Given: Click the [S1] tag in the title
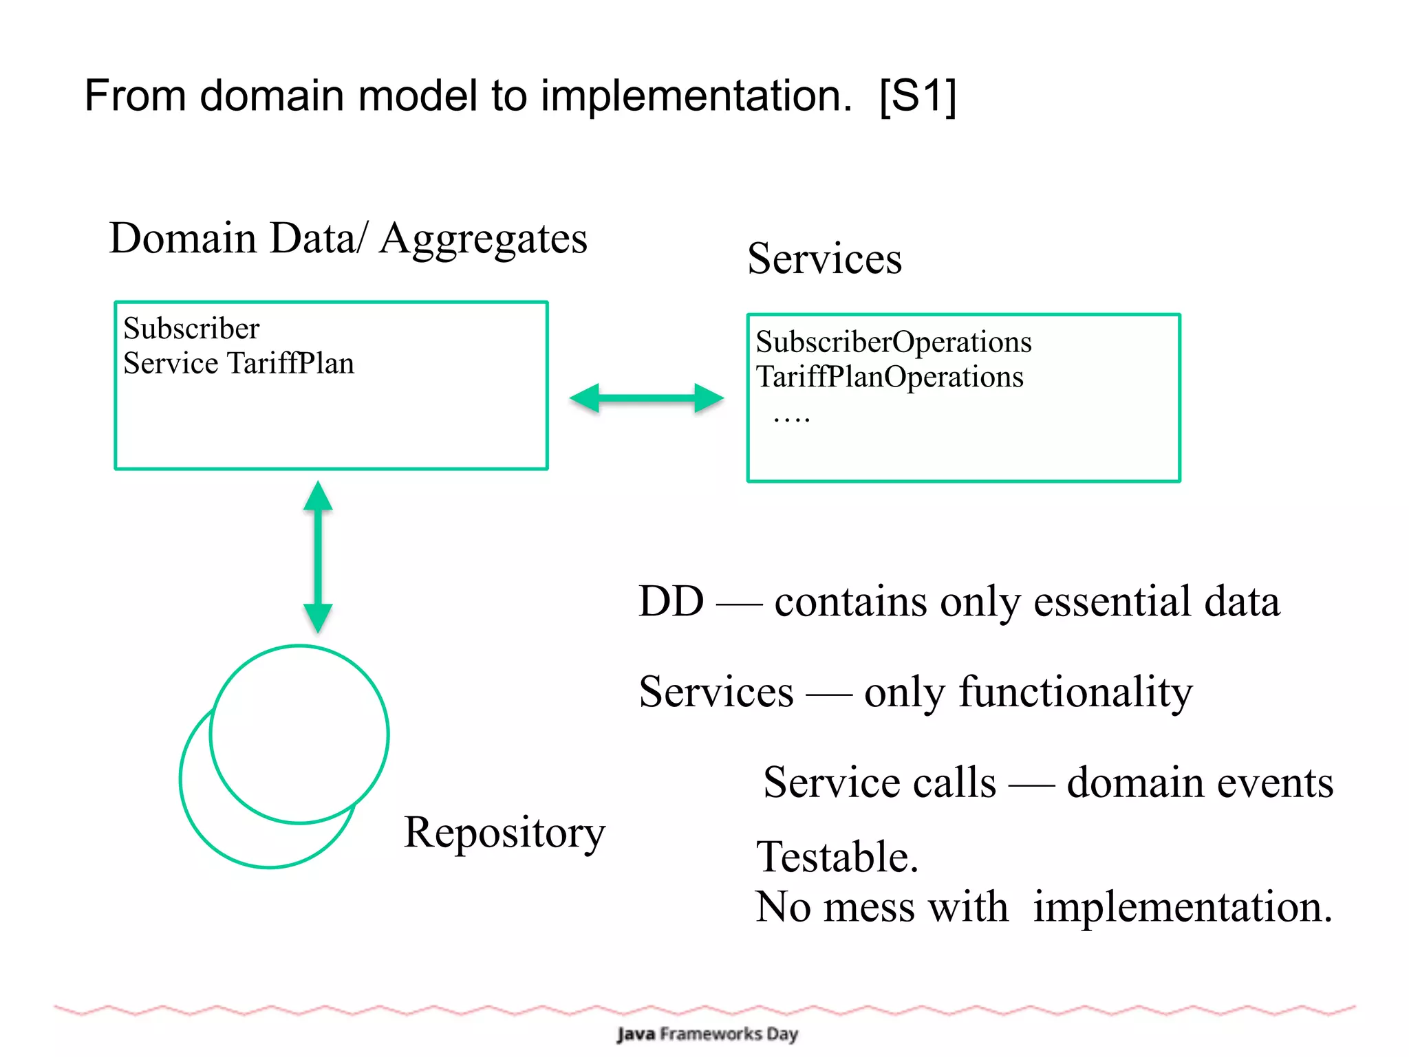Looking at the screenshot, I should tap(918, 96).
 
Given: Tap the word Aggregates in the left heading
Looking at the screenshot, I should tap(484, 240).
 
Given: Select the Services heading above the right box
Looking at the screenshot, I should tap(824, 259).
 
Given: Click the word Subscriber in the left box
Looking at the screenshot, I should tap(191, 329).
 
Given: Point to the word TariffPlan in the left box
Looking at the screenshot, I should tap(291, 364).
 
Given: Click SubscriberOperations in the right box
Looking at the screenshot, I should tap(894, 342).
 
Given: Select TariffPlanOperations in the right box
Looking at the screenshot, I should tap(890, 377).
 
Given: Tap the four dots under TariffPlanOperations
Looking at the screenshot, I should tap(792, 418).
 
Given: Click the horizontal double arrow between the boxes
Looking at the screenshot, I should tap(647, 398).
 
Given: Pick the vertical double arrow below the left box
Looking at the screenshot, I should tap(318, 556).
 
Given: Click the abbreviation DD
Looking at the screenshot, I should tap(671, 602).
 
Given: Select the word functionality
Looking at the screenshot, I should tap(1076, 693).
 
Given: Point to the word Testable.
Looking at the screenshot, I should tap(837, 858).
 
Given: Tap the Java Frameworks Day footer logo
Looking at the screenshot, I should tap(707, 1034).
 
